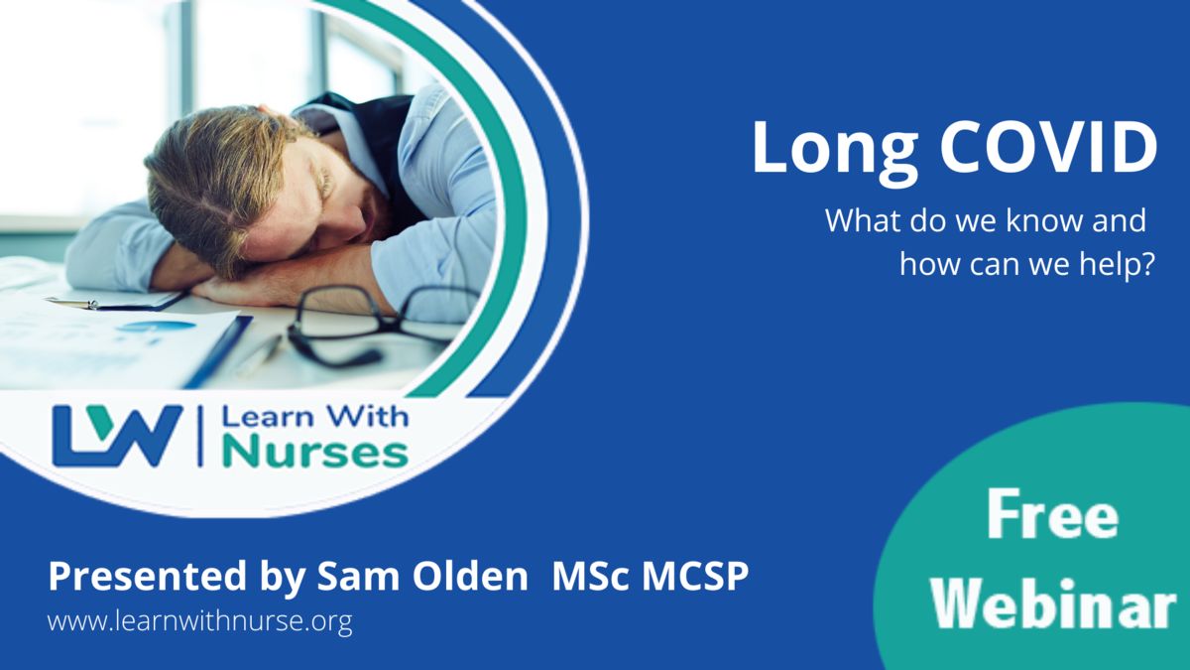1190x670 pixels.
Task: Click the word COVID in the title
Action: click(1049, 148)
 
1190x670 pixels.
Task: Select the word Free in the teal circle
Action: click(1053, 515)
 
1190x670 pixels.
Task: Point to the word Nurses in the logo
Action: click(315, 453)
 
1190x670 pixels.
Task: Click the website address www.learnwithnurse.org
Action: click(199, 620)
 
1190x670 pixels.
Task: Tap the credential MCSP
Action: click(695, 576)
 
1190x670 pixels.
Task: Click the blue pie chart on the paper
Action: click(157, 326)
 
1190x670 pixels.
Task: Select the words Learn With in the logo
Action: click(315, 417)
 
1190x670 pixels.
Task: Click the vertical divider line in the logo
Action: click(200, 436)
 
